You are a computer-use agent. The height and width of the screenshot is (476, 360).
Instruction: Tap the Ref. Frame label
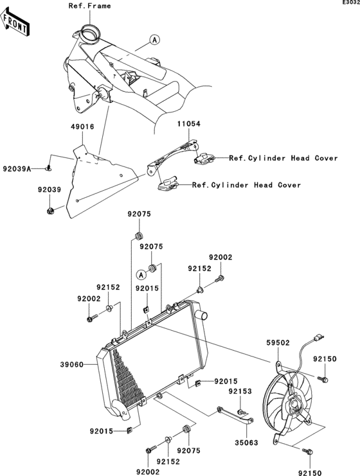pyautogui.click(x=89, y=6)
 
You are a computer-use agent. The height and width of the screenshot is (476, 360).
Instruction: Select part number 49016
pyautogui.click(x=83, y=127)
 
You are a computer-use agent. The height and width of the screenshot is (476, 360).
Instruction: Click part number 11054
pyautogui.click(x=189, y=124)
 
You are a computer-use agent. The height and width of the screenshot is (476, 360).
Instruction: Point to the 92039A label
pyautogui.click(x=17, y=168)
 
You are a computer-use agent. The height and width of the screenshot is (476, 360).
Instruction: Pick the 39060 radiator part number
pyautogui.click(x=72, y=364)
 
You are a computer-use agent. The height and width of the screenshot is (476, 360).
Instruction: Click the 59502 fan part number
pyautogui.click(x=278, y=343)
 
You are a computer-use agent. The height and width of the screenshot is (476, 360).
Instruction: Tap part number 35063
pyautogui.click(x=246, y=443)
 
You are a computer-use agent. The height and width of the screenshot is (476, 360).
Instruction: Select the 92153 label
pyautogui.click(x=240, y=391)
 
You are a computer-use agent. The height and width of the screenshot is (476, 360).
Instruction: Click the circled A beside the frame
pyautogui.click(x=155, y=40)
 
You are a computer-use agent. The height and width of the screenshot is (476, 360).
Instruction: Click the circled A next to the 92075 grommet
pyautogui.click(x=141, y=275)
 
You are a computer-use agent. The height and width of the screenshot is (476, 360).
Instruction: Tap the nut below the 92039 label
pyautogui.click(x=50, y=210)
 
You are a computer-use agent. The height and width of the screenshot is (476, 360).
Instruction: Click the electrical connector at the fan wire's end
pyautogui.click(x=318, y=337)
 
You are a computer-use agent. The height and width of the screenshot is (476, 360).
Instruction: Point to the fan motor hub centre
pyautogui.click(x=294, y=405)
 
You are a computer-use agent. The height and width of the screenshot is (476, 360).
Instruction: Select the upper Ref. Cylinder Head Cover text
pyautogui.click(x=283, y=158)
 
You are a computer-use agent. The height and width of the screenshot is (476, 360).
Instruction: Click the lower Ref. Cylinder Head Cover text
pyautogui.click(x=246, y=185)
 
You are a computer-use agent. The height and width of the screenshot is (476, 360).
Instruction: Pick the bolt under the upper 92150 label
pyautogui.click(x=323, y=379)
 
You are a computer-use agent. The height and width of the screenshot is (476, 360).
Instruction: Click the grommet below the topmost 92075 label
pyautogui.click(x=139, y=236)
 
